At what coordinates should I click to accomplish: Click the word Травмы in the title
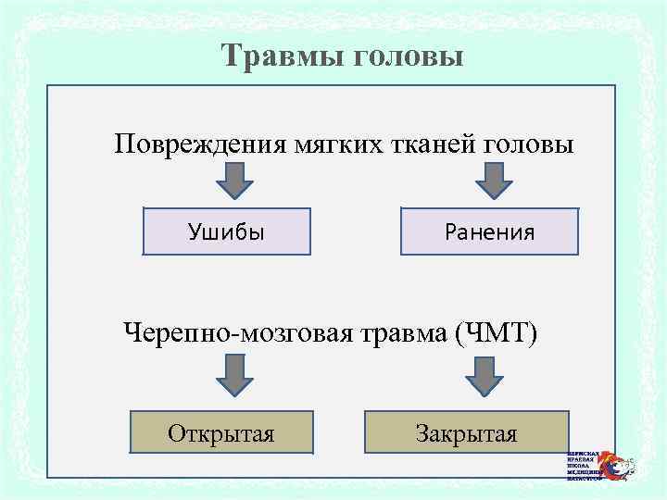coord(283,57)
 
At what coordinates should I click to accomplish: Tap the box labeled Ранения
coord(489,231)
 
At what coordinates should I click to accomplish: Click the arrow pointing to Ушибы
coord(236,181)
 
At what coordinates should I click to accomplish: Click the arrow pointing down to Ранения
coord(495,181)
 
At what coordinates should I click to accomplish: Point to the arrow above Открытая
coord(236,375)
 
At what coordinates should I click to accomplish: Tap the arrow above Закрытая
coord(483,376)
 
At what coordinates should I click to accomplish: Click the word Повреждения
coord(201,145)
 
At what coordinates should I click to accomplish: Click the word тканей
coord(428,145)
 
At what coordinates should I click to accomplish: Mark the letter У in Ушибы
coord(195,231)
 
